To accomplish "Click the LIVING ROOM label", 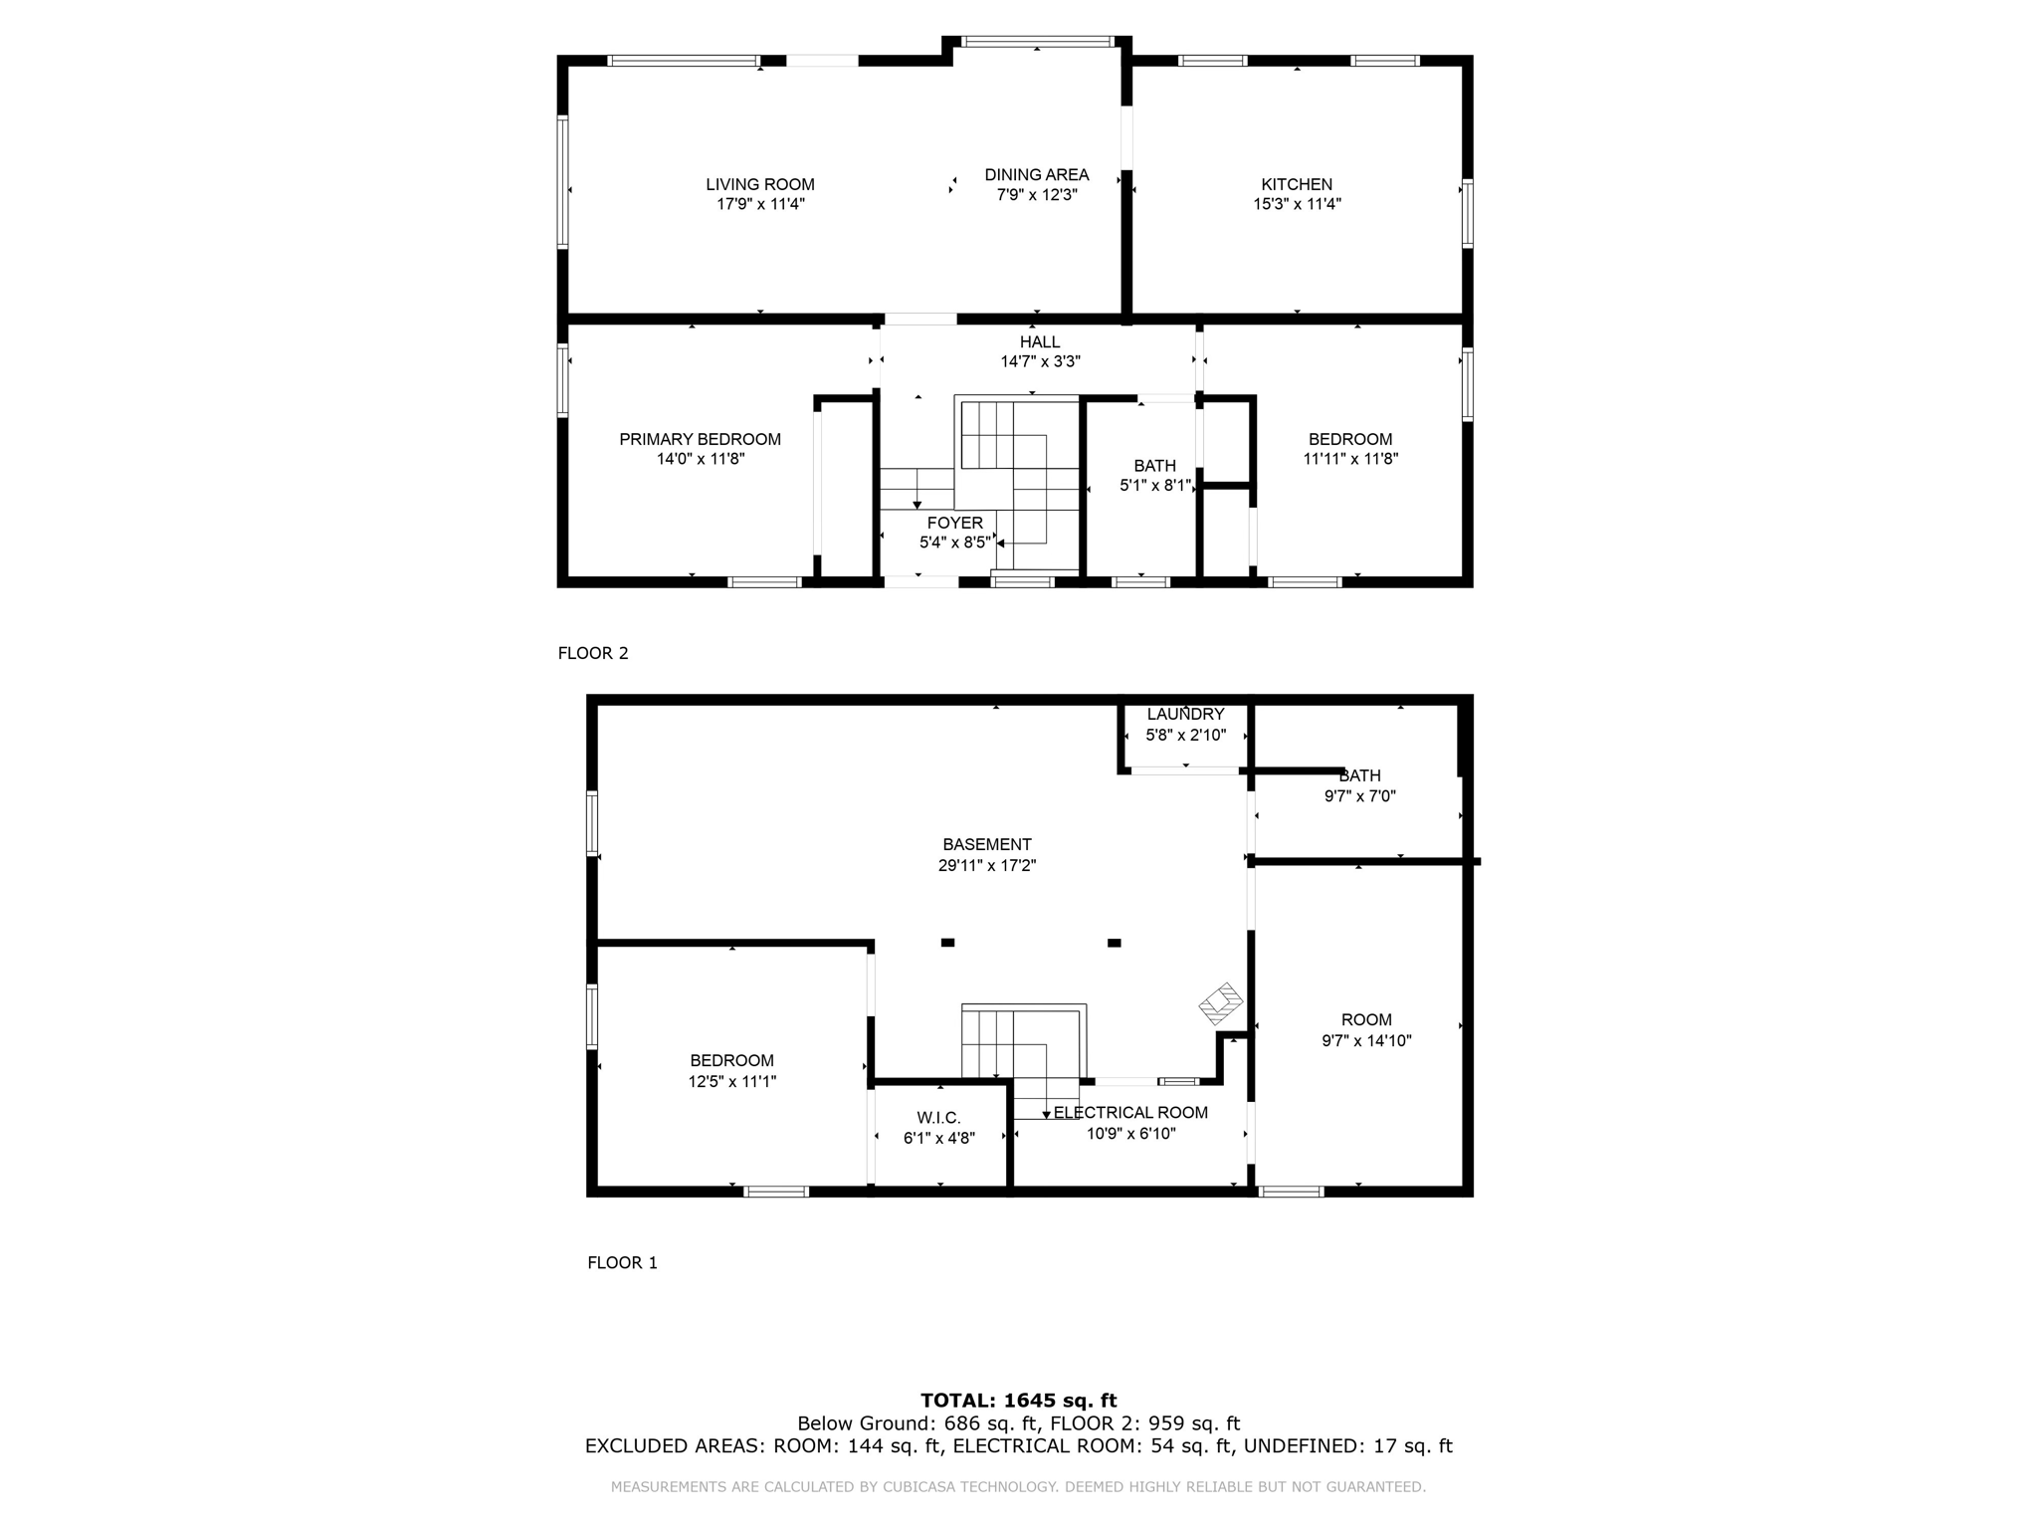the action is click(x=760, y=184).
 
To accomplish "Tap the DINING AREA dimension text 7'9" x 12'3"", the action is click(x=1037, y=195).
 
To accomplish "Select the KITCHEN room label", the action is click(x=1297, y=184).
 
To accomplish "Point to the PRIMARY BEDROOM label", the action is click(x=700, y=439).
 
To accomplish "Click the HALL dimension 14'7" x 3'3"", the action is click(x=1040, y=362).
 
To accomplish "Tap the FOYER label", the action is click(x=955, y=523).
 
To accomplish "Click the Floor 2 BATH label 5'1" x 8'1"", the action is click(x=1154, y=476).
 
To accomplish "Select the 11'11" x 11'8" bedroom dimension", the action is click(x=1350, y=459).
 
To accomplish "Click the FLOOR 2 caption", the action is click(x=593, y=653).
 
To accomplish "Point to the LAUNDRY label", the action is click(x=1185, y=714).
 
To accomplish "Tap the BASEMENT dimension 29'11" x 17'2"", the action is click(x=987, y=866).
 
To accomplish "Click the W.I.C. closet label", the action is click(x=939, y=1118).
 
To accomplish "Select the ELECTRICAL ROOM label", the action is click(x=1130, y=1113).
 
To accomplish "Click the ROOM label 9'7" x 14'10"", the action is click(x=1366, y=1030).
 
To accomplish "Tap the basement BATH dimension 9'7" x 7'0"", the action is click(x=1360, y=796).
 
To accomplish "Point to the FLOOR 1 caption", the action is click(x=622, y=1262).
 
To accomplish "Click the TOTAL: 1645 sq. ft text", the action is click(x=1019, y=1401).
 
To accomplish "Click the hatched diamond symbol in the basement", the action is click(x=1221, y=1004).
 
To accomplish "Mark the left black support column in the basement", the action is click(x=947, y=943).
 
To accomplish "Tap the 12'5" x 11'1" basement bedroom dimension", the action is click(x=732, y=1081).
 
